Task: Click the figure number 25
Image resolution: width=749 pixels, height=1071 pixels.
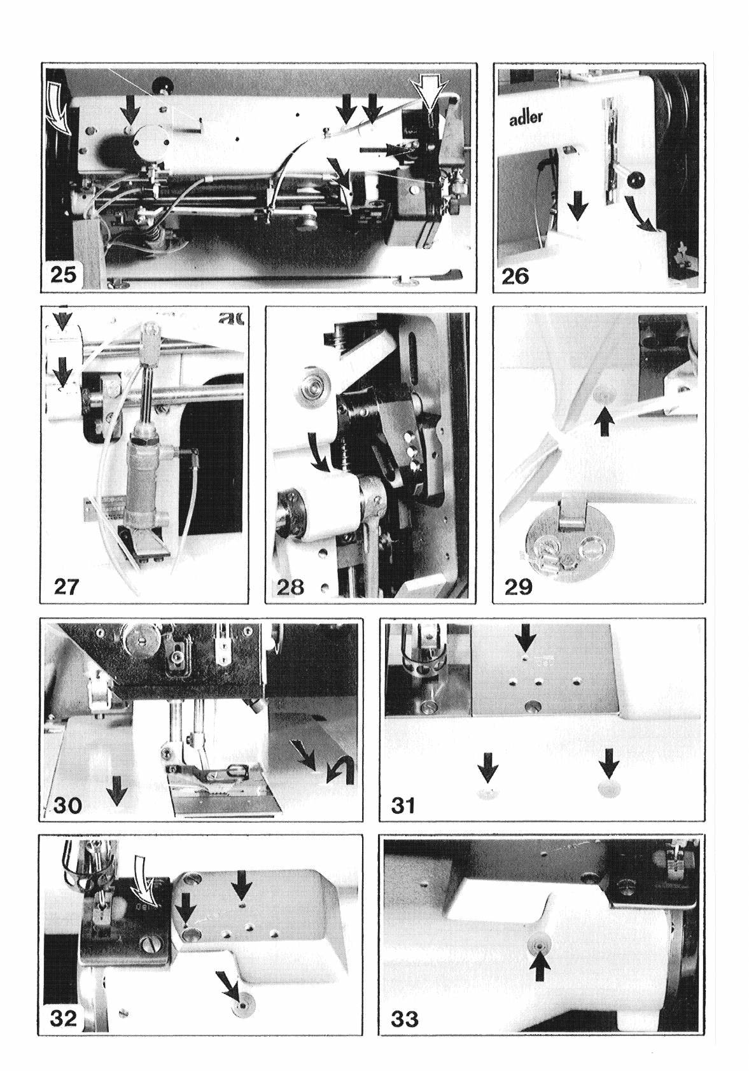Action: coord(63,276)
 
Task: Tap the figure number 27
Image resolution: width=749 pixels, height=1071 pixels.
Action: coord(66,587)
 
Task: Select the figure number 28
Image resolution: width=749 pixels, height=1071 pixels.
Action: coord(291,587)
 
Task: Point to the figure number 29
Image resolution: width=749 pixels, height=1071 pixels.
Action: coord(519,587)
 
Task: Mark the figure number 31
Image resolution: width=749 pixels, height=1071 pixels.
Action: coord(403,806)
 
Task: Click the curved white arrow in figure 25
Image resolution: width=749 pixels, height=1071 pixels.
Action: coord(60,108)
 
